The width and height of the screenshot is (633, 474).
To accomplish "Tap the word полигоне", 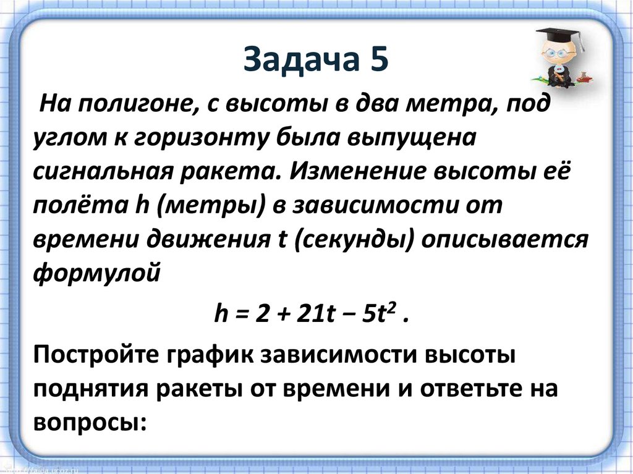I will coord(136,104).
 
